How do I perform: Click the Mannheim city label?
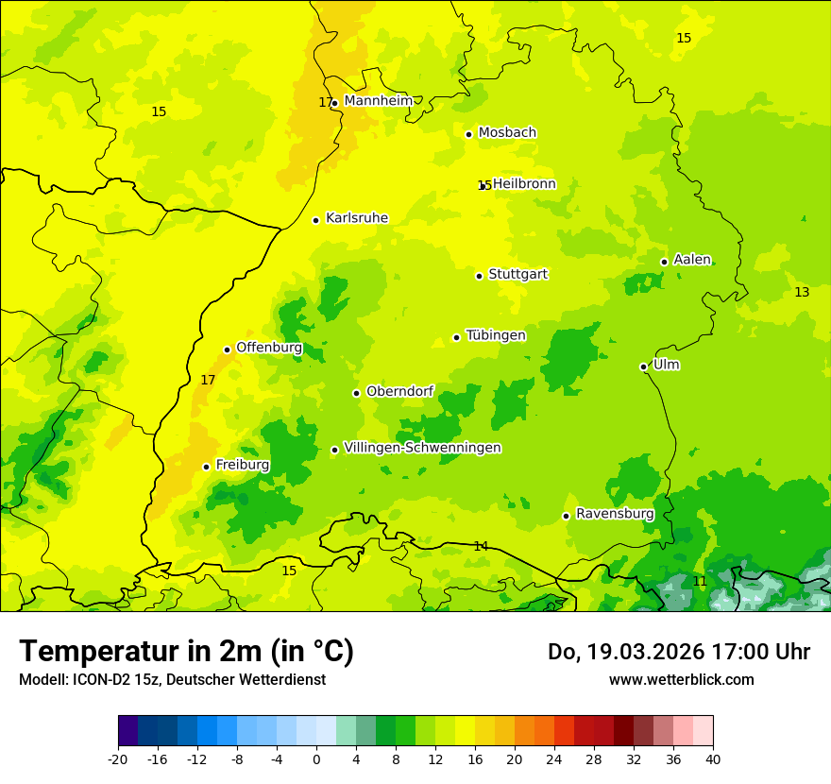[378, 101]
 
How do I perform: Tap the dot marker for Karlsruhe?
[315, 220]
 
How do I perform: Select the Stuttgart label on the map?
[517, 275]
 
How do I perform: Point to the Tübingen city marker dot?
[456, 337]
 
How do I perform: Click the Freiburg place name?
[242, 465]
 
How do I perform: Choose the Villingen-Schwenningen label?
[422, 448]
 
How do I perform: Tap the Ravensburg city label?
[615, 514]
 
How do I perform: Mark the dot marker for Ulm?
[643, 366]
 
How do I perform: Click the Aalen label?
[691, 260]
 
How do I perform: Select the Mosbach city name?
[507, 133]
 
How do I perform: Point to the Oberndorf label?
[399, 391]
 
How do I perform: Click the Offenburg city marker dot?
[227, 349]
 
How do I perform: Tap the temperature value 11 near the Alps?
[700, 581]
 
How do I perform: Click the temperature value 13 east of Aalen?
[802, 292]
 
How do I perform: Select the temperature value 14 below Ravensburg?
[481, 546]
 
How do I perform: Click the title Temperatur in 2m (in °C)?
[186, 651]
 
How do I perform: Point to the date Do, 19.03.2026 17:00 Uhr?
[678, 652]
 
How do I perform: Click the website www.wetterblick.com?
[681, 679]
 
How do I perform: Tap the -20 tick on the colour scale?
[118, 758]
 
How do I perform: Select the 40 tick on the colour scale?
[712, 758]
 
